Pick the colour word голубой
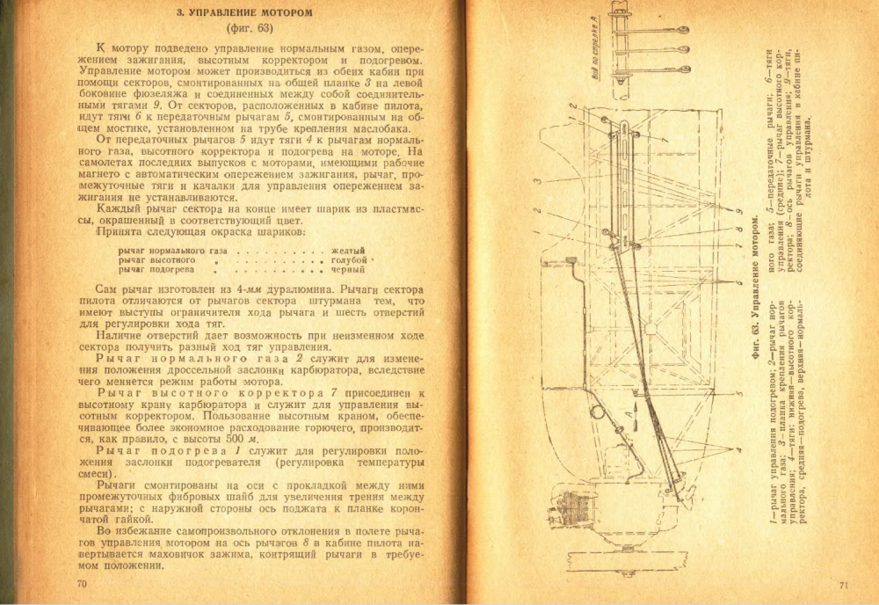pos(349,261)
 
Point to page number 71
pos(843,585)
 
